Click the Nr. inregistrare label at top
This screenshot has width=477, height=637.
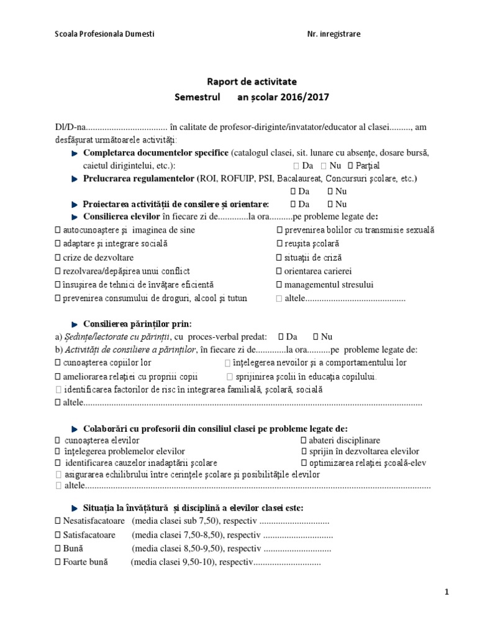click(334, 34)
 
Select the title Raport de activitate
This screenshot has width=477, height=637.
click(252, 81)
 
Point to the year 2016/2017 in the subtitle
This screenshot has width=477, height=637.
click(304, 97)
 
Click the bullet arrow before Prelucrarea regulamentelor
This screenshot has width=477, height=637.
click(75, 179)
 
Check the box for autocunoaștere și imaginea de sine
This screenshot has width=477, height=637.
click(58, 230)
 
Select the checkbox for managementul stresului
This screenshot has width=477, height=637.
click(279, 285)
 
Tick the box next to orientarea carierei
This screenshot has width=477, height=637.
click(279, 271)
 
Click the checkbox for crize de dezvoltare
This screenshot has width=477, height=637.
click(58, 258)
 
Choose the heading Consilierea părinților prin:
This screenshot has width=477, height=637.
click(138, 323)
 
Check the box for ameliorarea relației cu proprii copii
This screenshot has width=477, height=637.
click(58, 376)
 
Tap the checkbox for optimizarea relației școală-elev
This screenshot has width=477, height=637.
click(303, 463)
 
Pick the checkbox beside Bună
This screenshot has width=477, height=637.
click(58, 549)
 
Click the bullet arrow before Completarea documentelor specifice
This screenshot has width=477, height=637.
click(75, 152)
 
